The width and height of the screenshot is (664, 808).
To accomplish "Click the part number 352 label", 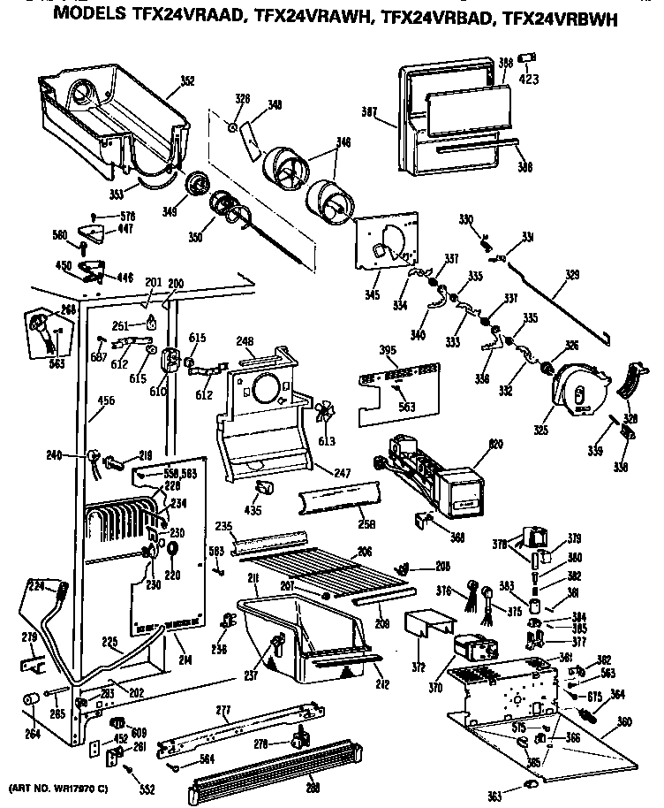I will click(x=186, y=81).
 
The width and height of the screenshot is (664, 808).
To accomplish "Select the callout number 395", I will click(x=363, y=351).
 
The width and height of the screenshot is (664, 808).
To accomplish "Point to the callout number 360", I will click(x=624, y=722).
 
